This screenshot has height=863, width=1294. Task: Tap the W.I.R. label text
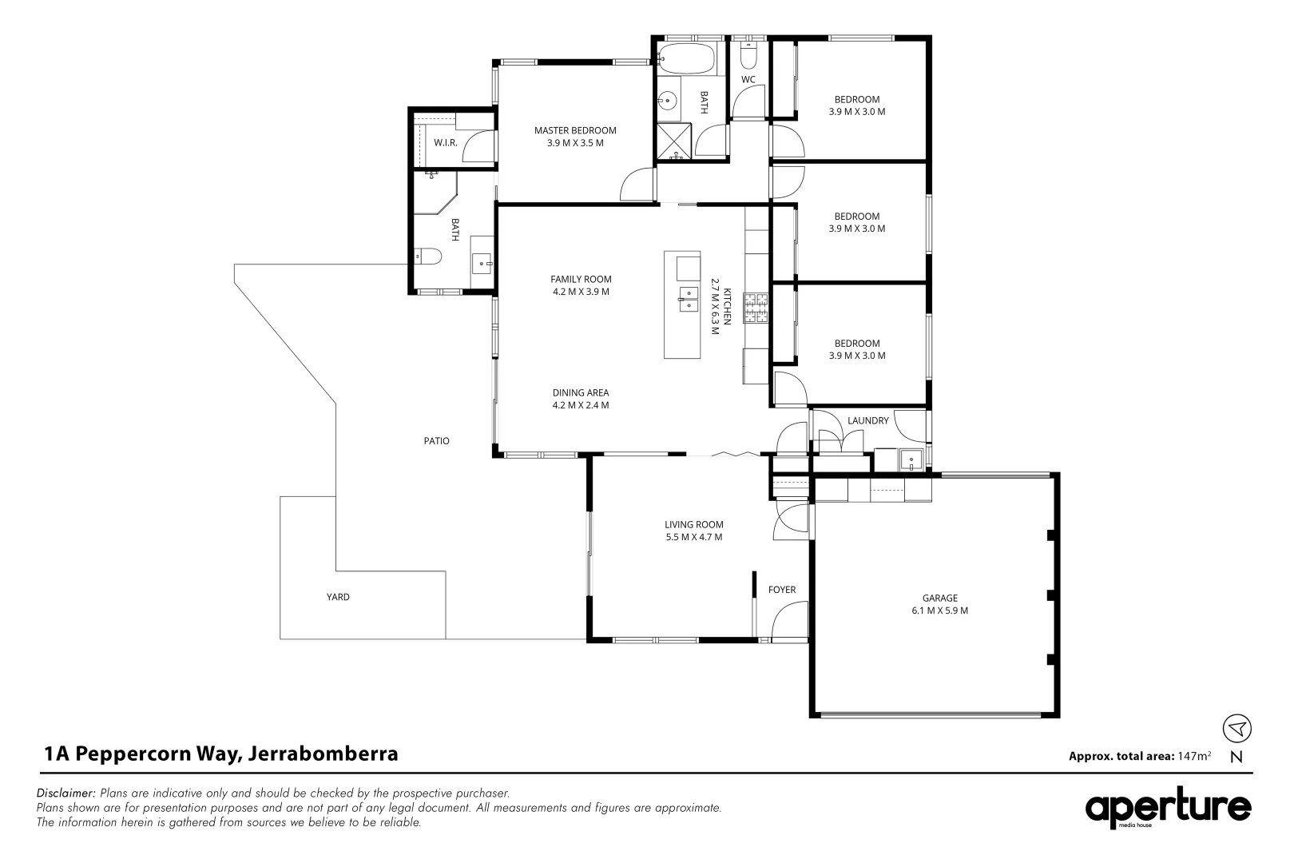click(x=445, y=142)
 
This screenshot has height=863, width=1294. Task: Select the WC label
click(x=748, y=79)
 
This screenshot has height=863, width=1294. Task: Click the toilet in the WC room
click(x=748, y=56)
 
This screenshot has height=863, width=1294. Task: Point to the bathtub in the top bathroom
click(x=686, y=56)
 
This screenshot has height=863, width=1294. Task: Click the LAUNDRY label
click(x=868, y=420)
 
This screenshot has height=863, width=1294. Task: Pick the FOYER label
click(x=782, y=590)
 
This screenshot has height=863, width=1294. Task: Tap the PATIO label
click(x=437, y=440)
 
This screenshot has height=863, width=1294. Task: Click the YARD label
click(x=338, y=597)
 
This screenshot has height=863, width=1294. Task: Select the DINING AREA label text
click(x=581, y=392)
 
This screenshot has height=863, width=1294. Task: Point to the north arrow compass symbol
click(x=1236, y=729)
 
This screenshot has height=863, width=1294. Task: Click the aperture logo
click(x=1167, y=809)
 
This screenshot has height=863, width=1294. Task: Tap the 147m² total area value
click(x=1194, y=756)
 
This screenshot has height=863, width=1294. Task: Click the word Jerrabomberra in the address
click(x=323, y=754)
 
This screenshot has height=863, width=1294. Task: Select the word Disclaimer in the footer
click(x=66, y=793)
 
